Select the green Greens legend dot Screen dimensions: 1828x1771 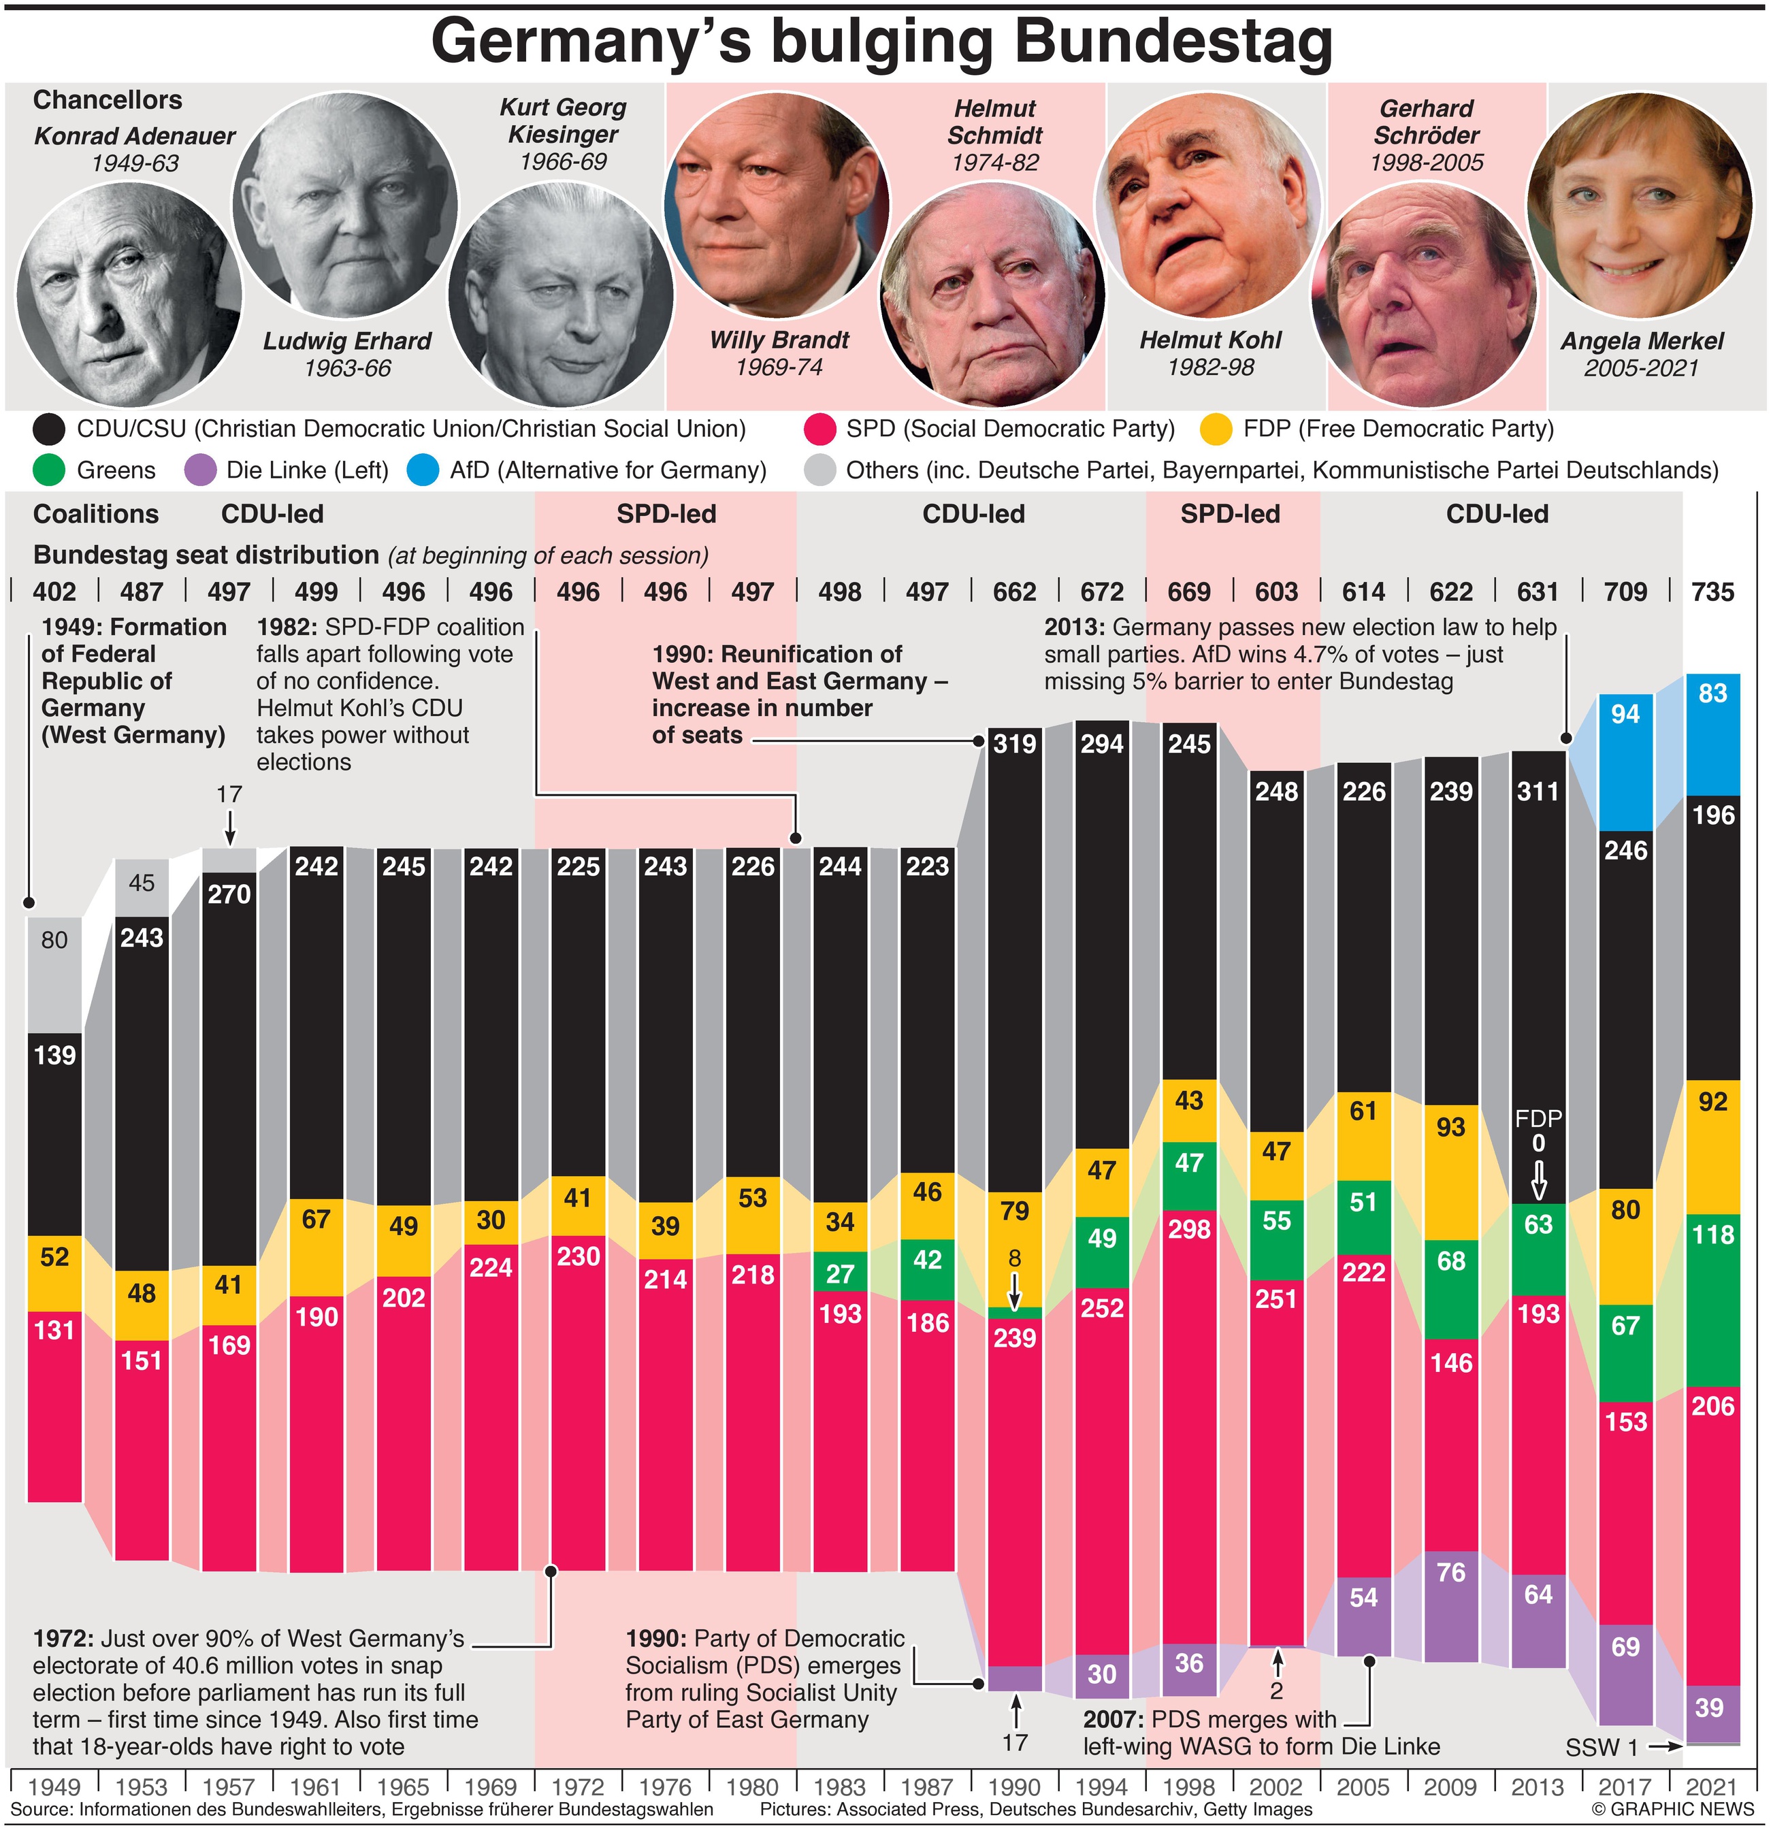coord(48,470)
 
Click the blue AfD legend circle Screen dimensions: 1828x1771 coord(423,470)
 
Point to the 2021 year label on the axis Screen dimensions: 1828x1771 coord(1712,1787)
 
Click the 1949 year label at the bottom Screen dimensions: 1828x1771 coord(54,1787)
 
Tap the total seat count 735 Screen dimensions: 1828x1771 coord(1712,592)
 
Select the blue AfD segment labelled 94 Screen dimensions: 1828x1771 coord(1625,760)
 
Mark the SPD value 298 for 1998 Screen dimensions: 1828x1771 coord(1189,1229)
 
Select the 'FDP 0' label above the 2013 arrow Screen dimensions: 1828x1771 coord(1538,1130)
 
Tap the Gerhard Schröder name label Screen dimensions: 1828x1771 coord(1426,121)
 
